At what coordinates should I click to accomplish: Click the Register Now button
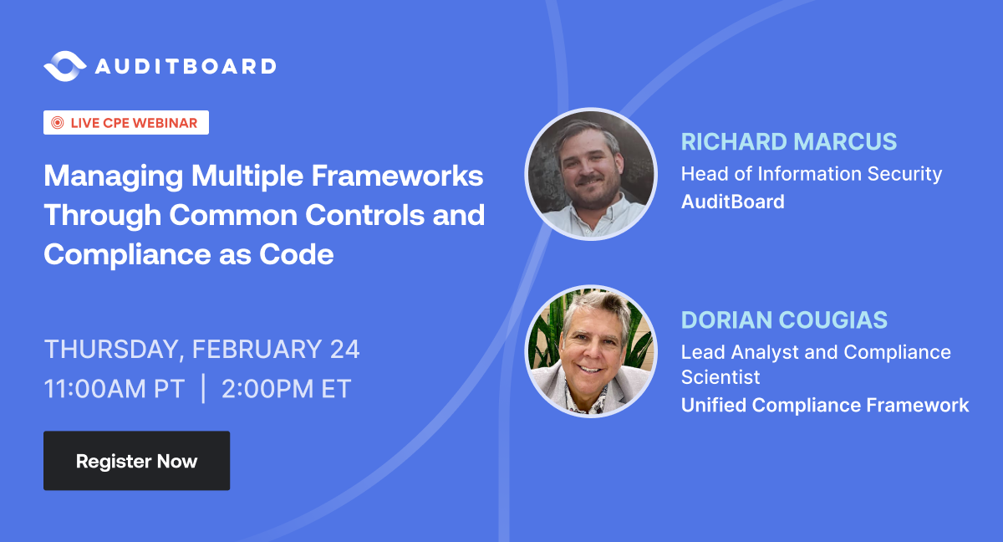coord(136,461)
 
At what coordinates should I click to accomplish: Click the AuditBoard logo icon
coord(64,66)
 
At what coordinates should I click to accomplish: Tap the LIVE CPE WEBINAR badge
coord(126,123)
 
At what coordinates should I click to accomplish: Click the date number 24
coord(344,349)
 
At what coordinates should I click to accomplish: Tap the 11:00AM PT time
coord(115,390)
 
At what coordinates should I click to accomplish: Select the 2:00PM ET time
coord(287,390)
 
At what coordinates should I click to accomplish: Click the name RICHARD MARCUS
coord(789,141)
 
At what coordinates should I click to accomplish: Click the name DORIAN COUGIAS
coord(784,320)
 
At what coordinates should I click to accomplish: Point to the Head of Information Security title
coord(811,174)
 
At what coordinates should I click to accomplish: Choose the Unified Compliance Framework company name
coord(825,406)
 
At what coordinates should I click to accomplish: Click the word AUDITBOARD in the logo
coord(185,66)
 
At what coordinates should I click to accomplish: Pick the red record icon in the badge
coord(58,123)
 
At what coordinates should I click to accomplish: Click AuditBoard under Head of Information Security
coord(732,202)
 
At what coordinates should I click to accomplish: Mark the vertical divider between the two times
coord(203,390)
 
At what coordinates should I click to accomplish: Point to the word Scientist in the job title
coord(720,377)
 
